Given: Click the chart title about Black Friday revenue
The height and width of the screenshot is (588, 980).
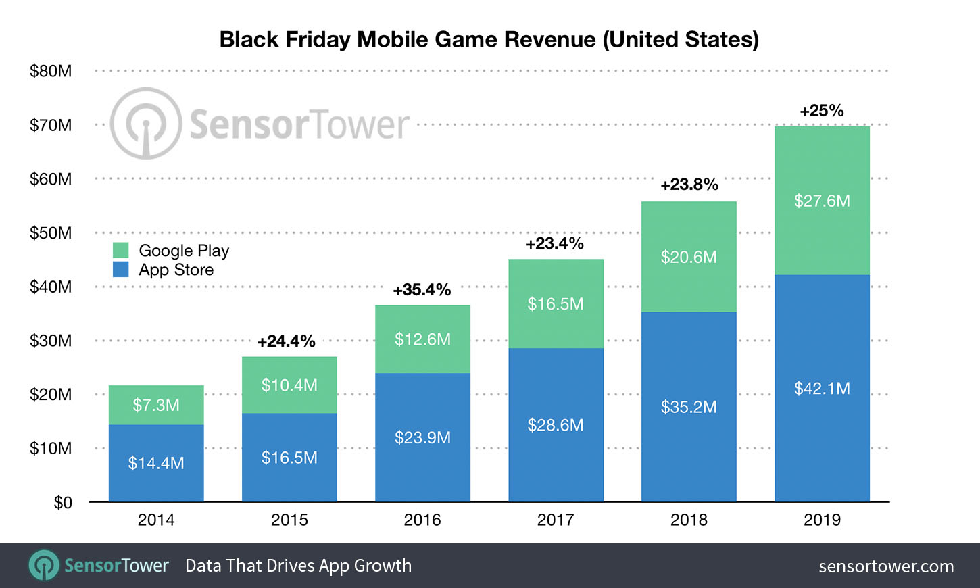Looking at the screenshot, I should tap(489, 39).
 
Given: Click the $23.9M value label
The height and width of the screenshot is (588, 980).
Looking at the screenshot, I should tap(422, 438).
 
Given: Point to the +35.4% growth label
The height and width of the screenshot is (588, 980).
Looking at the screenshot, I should tap(422, 290).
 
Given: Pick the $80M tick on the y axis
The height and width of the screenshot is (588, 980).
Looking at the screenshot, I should tap(51, 71).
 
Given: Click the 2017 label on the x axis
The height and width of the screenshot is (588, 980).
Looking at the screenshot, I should tap(556, 520).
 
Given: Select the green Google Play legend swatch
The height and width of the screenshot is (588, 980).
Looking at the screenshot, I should tap(121, 251).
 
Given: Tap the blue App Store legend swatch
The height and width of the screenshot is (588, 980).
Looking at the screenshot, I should tap(121, 270).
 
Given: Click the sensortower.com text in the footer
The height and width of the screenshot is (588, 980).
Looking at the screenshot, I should tap(886, 566).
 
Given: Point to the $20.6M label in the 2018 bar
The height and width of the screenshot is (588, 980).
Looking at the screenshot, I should tap(689, 258).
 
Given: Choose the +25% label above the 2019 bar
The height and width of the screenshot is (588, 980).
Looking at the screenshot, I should tap(822, 111).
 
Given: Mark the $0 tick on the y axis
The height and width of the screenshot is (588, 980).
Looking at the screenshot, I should tap(62, 503).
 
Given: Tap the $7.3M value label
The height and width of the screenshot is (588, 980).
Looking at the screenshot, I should tap(156, 406).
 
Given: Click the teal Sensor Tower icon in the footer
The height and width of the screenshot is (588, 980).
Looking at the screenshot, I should tap(44, 565).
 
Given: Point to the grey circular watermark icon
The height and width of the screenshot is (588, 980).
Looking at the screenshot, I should tap(145, 124).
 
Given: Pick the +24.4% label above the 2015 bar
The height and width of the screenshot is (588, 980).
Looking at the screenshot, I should tap(287, 341).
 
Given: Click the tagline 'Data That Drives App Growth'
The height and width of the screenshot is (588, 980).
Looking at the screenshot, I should tap(298, 566).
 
